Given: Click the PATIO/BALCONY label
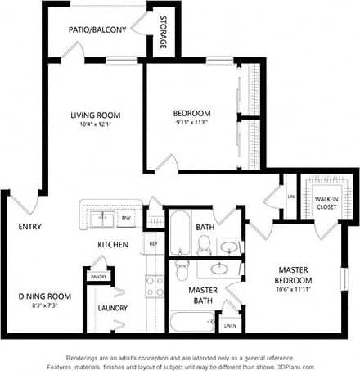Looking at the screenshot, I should coord(99,30).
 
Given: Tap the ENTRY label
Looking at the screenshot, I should coord(29,227).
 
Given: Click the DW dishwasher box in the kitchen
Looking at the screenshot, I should coord(126,219).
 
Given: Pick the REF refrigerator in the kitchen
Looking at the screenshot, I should coord(152,243).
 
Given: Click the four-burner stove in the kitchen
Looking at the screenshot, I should coord(154,286).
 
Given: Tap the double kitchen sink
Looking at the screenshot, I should coord(103,219).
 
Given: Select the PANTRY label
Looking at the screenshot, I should coord(98,277).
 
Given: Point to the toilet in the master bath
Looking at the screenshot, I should coord(182,269).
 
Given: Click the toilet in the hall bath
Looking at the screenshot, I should coord(205,243).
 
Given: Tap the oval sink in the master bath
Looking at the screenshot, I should coord(219,268).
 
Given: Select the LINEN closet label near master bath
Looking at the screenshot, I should coord(230,326).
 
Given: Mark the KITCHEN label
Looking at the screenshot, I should coord(112,245).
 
